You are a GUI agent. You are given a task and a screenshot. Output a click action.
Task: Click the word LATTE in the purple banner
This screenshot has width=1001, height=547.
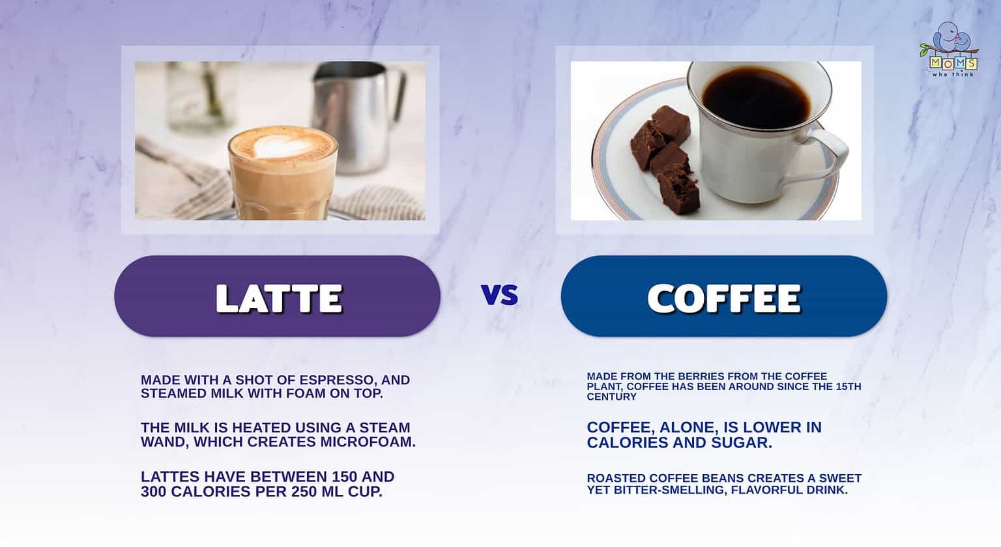tap(278, 298)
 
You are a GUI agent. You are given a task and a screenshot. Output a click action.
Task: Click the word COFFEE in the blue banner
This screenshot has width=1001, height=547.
tap(723, 298)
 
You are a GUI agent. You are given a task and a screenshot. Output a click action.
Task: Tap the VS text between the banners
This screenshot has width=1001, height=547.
tap(500, 295)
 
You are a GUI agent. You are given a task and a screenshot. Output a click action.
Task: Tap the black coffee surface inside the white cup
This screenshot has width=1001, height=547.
tap(756, 98)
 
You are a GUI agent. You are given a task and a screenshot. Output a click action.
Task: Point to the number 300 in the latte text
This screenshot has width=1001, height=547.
tap(155, 492)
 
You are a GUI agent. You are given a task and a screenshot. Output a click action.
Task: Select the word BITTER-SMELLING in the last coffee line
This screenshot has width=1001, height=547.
tap(669, 490)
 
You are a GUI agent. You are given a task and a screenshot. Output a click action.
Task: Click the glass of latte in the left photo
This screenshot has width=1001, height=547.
tap(283, 182)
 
